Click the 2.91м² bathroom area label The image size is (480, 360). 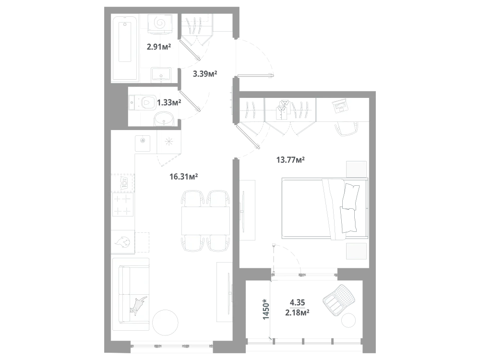[x=159, y=47]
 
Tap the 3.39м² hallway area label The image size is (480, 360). [x=205, y=74]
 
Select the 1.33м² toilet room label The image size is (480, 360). [x=169, y=102]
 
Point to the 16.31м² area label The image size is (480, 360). [x=184, y=177]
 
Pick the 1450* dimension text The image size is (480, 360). [x=266, y=310]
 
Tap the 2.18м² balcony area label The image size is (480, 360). [x=297, y=313]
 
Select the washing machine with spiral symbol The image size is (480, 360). [x=159, y=23]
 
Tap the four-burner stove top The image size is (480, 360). [x=123, y=204]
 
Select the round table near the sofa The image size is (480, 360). [x=165, y=323]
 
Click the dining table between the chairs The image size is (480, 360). [x=206, y=221]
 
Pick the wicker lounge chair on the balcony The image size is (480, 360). [x=339, y=300]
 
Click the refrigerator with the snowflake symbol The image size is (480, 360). [x=169, y=142]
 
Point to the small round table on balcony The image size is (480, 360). [x=348, y=321]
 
